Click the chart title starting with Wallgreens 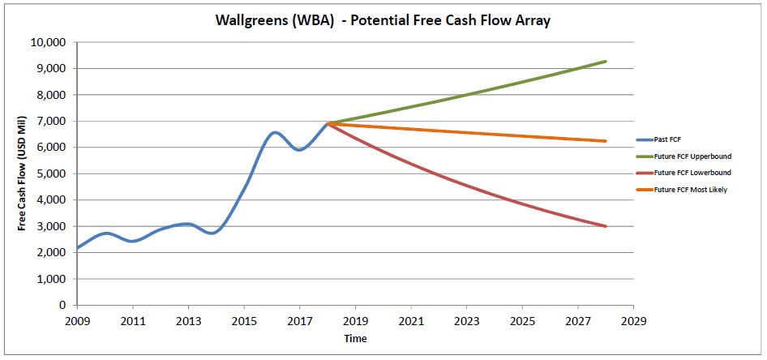[x=383, y=20]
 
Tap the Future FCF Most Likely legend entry [x=692, y=190]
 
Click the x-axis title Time [x=354, y=337]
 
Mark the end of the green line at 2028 [x=606, y=62]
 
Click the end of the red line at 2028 [x=606, y=226]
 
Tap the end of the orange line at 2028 [x=606, y=141]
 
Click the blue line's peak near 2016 [x=275, y=132]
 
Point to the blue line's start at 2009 [x=78, y=248]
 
